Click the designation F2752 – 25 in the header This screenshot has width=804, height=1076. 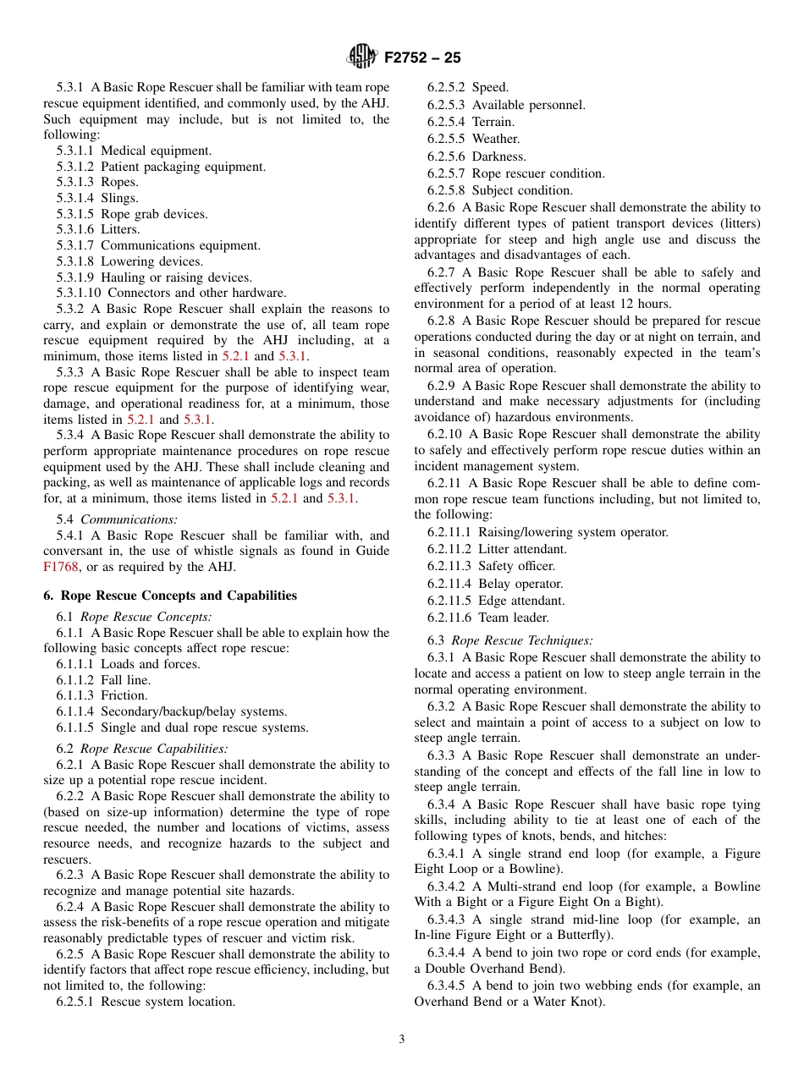(421, 58)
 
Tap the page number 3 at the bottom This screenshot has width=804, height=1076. (402, 1040)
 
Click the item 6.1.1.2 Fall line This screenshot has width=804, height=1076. (103, 680)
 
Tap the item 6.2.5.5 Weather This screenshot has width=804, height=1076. (473, 139)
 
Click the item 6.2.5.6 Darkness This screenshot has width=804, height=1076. (476, 156)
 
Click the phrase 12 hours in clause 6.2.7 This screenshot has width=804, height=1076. (645, 304)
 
